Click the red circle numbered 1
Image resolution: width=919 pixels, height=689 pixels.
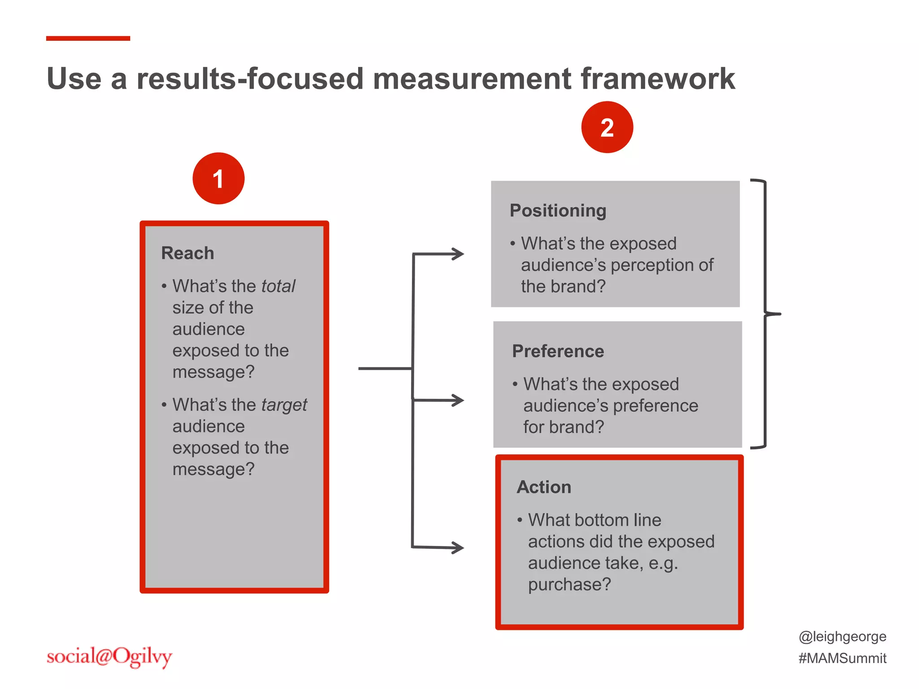click(x=219, y=179)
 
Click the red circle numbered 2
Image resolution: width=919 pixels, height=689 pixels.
click(x=607, y=127)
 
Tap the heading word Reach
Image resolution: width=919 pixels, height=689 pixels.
click(x=188, y=253)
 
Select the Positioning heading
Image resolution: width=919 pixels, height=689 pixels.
click(x=558, y=210)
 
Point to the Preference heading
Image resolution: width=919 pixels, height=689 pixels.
click(x=558, y=351)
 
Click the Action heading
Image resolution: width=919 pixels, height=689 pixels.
click(x=544, y=487)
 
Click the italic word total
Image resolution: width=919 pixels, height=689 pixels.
click(x=278, y=286)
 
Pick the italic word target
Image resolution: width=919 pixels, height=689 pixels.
click(x=284, y=405)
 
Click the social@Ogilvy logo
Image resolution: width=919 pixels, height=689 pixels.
click(x=109, y=657)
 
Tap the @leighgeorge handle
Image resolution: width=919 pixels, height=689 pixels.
click(x=842, y=637)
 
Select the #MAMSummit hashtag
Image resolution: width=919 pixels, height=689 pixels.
click(x=842, y=658)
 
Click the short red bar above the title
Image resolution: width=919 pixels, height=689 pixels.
click(x=88, y=39)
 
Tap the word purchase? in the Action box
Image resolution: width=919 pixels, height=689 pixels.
click(x=569, y=584)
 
